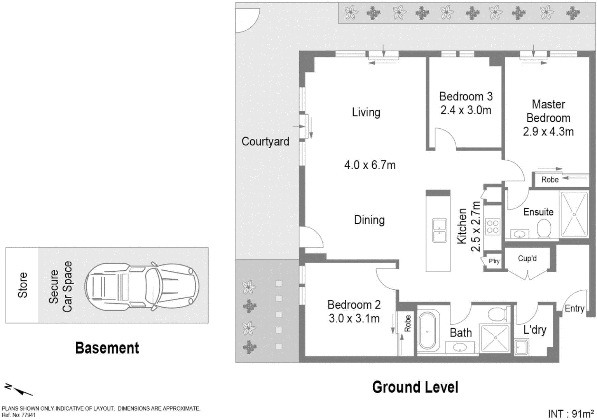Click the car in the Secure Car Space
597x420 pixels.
click(x=142, y=286)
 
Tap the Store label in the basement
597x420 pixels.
click(x=23, y=285)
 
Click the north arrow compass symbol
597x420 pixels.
click(x=18, y=390)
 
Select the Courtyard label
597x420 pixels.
click(x=265, y=142)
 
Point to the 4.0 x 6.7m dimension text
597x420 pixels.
click(x=370, y=165)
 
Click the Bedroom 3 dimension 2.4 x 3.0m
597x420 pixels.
click(x=466, y=110)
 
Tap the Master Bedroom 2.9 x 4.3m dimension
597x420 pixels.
click(x=548, y=132)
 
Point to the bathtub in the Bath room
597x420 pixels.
click(x=427, y=331)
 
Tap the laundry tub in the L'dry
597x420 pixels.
click(x=522, y=347)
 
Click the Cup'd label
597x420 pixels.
click(x=527, y=258)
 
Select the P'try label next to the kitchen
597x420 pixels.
click(x=494, y=261)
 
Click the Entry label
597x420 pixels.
click(x=574, y=308)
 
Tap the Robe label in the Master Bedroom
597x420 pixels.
click(x=550, y=179)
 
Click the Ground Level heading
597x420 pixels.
click(x=415, y=387)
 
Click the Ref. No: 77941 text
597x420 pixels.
click(x=19, y=415)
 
